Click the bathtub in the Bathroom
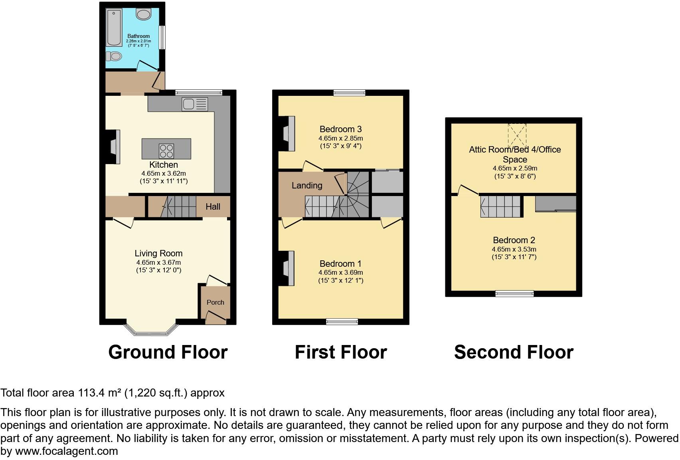click(114, 28)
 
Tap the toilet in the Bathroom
click(114, 56)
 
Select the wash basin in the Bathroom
click(143, 14)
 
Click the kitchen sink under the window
click(195, 104)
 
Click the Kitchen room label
click(163, 165)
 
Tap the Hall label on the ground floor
click(213, 206)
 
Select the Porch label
click(215, 302)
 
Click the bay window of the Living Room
click(150, 329)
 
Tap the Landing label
click(306, 185)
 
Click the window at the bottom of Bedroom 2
click(514, 293)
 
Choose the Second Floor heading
click(514, 352)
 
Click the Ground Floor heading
click(168, 352)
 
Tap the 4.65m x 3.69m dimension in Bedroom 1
click(340, 272)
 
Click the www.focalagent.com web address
click(67, 451)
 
